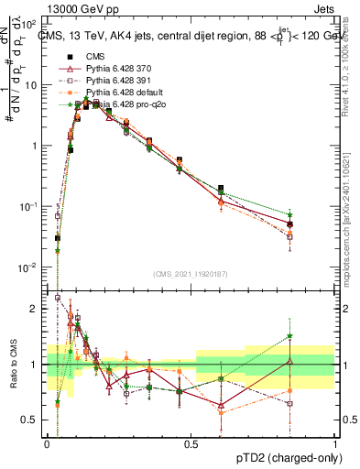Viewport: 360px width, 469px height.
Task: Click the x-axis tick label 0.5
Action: pos(191,442)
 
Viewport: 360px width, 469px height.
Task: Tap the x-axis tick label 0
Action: pos(47,442)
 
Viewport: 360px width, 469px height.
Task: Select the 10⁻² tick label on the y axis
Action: pos(30,267)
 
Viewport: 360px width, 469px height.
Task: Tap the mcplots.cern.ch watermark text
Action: pos(349,220)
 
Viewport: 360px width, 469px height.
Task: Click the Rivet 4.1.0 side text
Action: pos(349,69)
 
